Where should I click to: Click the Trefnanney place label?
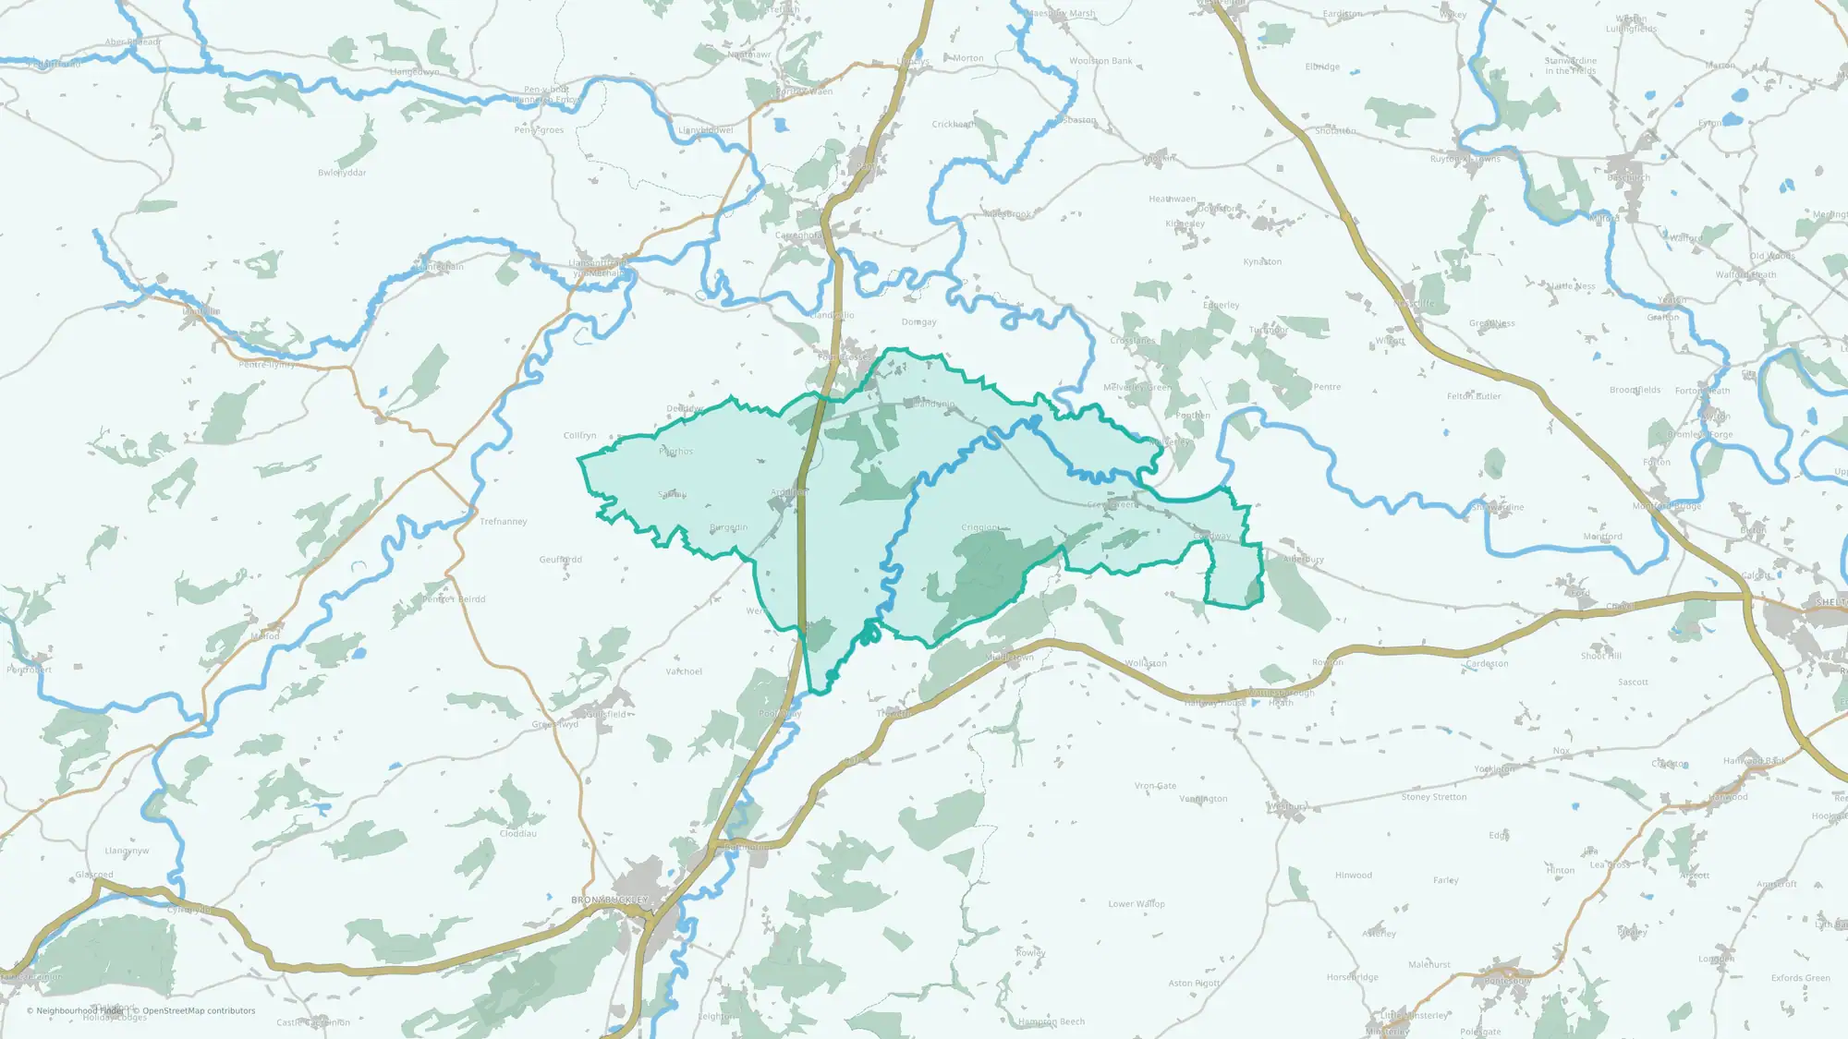[504, 522]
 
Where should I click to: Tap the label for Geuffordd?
[561, 560]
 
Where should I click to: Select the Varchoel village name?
[684, 671]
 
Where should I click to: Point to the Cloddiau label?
[517, 834]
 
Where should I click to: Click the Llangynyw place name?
[127, 852]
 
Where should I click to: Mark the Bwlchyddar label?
[342, 173]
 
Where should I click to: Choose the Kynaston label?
[1262, 262]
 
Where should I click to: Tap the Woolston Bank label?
[1100, 61]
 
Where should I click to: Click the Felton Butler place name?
[1474, 397]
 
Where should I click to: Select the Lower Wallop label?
[1137, 904]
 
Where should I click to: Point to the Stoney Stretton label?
[1433, 797]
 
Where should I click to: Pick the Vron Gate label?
[1155, 786]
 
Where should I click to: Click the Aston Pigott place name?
[1194, 984]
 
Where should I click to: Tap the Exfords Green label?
[1800, 978]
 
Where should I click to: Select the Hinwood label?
[1353, 876]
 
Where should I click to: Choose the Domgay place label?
[918, 322]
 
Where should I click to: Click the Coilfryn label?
[580, 436]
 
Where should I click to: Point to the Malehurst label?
[1429, 965]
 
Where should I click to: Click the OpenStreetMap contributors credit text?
[199, 1011]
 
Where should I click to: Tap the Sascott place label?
[1633, 683]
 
